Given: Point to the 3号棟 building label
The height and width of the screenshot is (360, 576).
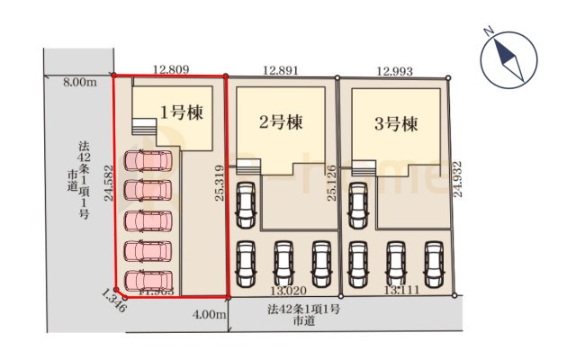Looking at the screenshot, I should [396, 124].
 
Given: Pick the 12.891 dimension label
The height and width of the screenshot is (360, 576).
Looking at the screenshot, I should [281, 68].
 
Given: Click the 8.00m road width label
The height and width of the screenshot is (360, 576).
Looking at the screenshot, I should [79, 83].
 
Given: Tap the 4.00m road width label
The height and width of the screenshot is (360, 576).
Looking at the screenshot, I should [209, 314].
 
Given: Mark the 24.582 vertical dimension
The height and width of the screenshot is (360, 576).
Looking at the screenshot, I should [107, 187].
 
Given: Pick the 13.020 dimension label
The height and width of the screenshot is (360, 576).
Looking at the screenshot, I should [285, 292].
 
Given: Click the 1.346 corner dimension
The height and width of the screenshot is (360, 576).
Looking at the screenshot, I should [114, 299].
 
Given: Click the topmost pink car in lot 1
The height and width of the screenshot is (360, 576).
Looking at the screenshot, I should [148, 161].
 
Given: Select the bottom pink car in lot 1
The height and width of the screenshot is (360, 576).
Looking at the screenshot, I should [148, 280].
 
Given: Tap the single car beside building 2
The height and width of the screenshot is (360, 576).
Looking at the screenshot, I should [246, 205].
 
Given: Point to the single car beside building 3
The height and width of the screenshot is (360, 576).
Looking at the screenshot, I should [358, 205].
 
